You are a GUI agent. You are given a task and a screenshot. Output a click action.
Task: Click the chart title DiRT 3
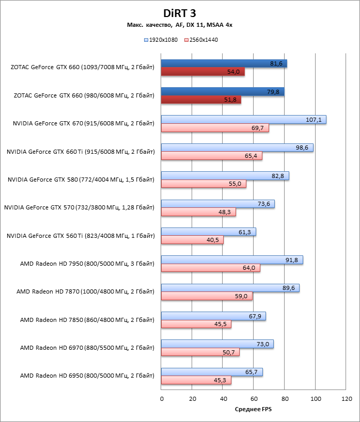[180, 13]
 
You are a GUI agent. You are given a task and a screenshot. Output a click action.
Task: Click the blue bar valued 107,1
[243, 120]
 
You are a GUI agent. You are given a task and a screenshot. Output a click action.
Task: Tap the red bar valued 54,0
[202, 72]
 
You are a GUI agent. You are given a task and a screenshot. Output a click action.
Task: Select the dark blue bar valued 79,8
[223, 92]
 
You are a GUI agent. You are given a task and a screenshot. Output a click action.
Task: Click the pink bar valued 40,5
[192, 240]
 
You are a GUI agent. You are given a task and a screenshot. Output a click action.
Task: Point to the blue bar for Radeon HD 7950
[232, 260]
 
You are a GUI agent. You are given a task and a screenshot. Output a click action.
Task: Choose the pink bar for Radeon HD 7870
[207, 296]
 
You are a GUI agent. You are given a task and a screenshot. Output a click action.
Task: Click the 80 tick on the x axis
[285, 399]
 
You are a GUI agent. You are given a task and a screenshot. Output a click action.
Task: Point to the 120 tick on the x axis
[346, 399]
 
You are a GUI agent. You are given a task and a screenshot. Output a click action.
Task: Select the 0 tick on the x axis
[162, 399]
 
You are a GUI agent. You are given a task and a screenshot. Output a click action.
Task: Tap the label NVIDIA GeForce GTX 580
[81, 180]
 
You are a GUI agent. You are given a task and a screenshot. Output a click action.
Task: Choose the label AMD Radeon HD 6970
[87, 348]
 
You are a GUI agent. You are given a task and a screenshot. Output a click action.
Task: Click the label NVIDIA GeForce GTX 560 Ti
[81, 236]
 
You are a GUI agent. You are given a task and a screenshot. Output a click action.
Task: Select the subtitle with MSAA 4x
[180, 25]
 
